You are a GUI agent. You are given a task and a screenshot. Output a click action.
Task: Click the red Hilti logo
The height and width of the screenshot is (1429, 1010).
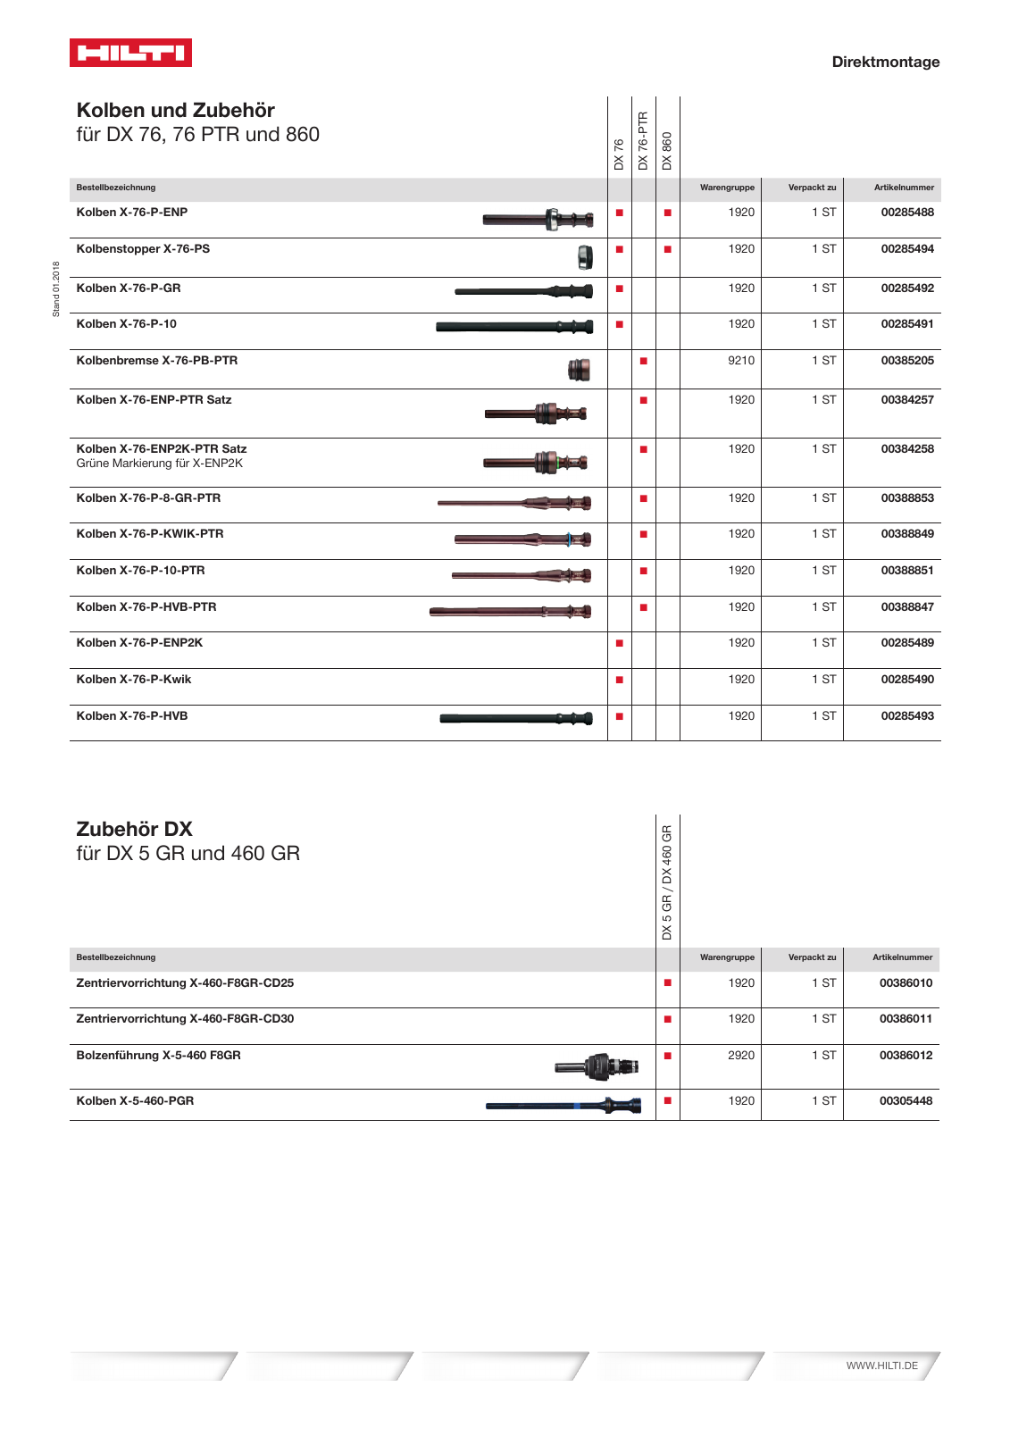tap(130, 53)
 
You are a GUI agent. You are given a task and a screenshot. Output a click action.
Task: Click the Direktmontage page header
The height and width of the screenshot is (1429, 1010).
tap(885, 62)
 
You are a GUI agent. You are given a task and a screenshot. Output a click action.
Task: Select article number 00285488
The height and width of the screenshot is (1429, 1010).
tap(906, 213)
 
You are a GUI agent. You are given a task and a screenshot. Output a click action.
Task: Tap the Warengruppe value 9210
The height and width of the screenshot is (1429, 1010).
tap(740, 361)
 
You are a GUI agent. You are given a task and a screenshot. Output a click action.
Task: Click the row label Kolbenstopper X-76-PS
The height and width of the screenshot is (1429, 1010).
tap(143, 249)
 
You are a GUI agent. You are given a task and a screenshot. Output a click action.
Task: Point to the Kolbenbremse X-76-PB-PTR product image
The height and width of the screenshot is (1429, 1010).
tap(579, 369)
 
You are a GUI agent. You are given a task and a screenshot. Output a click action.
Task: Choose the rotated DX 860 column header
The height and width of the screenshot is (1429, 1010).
tap(667, 150)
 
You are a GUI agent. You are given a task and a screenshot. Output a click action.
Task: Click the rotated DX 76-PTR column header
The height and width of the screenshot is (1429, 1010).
tap(643, 140)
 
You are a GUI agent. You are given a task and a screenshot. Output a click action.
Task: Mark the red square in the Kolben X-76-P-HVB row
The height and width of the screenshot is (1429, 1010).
tap(619, 716)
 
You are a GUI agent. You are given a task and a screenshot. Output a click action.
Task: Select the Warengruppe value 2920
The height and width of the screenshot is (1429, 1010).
tap(740, 1056)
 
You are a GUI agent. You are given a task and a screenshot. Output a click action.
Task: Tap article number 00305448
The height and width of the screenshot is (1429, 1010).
tap(906, 1101)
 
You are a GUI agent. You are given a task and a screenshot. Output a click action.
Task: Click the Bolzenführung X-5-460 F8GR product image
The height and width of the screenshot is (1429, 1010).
tap(597, 1065)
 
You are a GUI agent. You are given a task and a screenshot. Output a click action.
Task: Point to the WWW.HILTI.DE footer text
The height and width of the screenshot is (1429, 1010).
tap(881, 1366)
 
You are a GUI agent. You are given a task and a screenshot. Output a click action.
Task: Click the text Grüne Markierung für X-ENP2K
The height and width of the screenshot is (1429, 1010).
tap(159, 464)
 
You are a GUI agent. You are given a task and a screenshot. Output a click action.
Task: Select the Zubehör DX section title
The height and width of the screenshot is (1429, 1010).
tap(134, 829)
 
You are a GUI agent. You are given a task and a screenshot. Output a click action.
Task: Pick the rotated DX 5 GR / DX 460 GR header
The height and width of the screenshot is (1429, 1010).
tap(667, 882)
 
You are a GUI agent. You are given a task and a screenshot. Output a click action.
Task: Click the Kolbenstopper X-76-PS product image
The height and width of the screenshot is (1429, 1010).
tap(585, 257)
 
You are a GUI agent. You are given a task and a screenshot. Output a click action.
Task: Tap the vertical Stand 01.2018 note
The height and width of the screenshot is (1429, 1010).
tap(56, 288)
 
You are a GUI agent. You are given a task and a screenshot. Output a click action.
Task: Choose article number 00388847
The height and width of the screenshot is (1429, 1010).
tap(906, 607)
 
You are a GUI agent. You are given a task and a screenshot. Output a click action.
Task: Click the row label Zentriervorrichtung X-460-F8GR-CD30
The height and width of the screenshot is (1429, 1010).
tap(185, 1019)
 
